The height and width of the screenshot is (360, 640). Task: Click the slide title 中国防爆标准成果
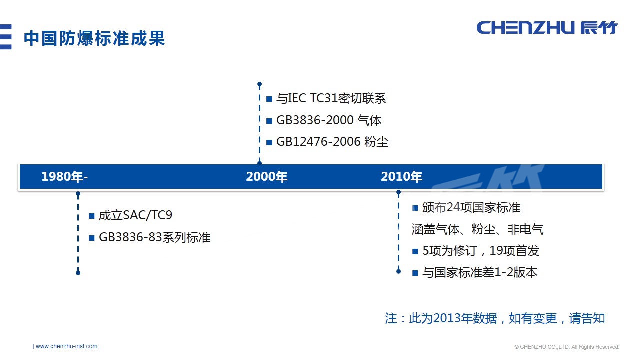coord(94,39)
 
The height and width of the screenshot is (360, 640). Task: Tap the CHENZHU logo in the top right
coord(547,28)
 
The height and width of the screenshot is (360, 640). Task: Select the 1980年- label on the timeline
coord(65,177)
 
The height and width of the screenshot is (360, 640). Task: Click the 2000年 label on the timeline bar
coord(267,177)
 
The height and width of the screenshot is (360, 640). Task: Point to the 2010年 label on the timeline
coord(401,177)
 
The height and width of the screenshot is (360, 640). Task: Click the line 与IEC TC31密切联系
coord(331,99)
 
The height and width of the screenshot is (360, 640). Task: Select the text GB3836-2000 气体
coord(328,120)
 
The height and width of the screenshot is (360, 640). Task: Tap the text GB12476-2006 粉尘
coord(332,142)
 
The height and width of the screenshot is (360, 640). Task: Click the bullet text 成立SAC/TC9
coord(135,216)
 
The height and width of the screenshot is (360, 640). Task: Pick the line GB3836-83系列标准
coord(154,237)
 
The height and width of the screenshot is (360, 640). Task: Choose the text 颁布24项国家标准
coord(471,208)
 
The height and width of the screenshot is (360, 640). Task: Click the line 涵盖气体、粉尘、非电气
coord(477,229)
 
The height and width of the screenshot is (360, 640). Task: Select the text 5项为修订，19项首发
coord(480,251)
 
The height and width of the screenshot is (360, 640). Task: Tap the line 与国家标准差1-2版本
coord(479,273)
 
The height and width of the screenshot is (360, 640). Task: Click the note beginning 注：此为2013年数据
coord(495,318)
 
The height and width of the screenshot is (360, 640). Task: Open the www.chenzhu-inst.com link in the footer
coord(66,346)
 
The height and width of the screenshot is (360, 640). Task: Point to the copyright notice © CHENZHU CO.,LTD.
coord(567,347)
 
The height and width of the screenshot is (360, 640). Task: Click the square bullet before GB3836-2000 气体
coord(269,121)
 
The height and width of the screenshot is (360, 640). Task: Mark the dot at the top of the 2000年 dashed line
coord(259,84)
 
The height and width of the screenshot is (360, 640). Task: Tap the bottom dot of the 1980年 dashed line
coord(78,273)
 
